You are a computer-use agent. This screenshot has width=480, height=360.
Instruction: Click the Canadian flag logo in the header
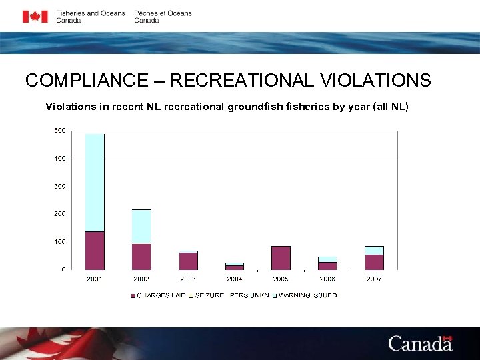(35, 17)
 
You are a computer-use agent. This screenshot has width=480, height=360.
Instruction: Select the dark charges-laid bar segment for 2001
(95, 250)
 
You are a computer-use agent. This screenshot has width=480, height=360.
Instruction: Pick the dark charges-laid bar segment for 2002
(141, 256)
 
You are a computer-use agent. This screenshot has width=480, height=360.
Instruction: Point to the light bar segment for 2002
(141, 226)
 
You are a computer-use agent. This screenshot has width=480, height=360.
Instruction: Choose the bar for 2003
(188, 261)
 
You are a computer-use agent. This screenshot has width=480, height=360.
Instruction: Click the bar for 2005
(281, 257)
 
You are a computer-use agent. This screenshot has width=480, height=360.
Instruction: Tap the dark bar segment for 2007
(374, 262)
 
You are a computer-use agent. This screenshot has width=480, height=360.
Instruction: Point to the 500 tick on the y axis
(59, 131)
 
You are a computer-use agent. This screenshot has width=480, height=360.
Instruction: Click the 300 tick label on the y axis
(59, 186)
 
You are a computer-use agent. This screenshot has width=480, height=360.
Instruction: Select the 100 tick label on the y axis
(59, 241)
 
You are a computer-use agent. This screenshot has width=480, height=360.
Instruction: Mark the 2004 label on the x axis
(234, 279)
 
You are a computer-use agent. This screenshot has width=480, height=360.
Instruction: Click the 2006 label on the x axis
(327, 279)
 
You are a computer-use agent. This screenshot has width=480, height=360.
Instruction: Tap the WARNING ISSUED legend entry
(307, 295)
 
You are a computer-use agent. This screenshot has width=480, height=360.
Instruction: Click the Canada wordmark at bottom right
(420, 343)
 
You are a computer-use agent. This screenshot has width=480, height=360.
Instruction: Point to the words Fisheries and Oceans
(90, 13)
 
